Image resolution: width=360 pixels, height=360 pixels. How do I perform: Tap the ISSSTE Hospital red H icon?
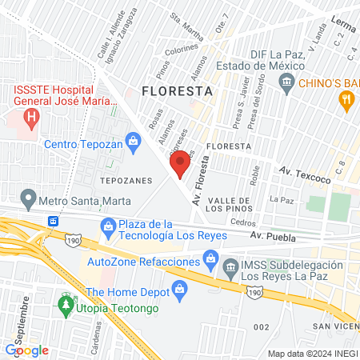tap(31, 121)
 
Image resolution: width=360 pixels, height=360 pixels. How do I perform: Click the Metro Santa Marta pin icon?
tap(29, 197)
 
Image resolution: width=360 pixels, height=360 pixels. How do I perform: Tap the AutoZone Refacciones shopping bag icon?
tap(210, 258)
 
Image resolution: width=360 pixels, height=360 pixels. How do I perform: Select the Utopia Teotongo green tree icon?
tap(65, 307)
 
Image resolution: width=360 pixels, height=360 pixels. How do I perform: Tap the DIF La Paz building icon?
tap(286, 82)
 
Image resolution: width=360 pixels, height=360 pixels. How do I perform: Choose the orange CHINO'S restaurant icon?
tap(346, 99)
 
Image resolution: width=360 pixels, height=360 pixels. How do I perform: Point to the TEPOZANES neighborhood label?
tap(126, 181)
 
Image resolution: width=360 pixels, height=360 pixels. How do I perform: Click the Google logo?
tap(27, 350)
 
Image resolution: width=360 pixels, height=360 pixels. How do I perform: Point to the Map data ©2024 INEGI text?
tap(312, 353)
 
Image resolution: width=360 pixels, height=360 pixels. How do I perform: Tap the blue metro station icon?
tap(54, 220)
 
